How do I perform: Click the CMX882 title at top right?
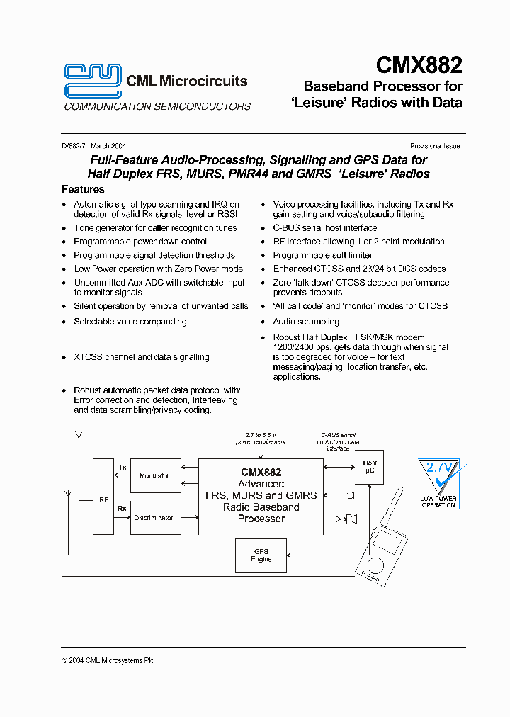point(419,66)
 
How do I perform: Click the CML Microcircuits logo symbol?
point(93,80)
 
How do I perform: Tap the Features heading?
point(83,189)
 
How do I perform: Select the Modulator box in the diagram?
point(154,476)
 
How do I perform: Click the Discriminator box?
point(154,518)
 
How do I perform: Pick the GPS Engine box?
point(261,555)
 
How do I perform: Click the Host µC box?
point(370,467)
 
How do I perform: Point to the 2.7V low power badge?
point(438,483)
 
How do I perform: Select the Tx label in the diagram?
point(122,468)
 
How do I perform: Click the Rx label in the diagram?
point(122,507)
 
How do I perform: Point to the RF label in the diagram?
point(103,500)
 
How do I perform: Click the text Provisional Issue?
point(435,146)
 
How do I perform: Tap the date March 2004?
point(108,146)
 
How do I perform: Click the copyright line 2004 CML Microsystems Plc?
point(108,660)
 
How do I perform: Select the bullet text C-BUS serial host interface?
point(325,228)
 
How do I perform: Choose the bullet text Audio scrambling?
point(306,322)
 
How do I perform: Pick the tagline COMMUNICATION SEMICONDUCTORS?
point(157,107)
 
